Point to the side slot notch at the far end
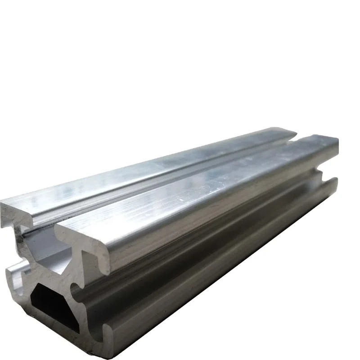tap(322, 173)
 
